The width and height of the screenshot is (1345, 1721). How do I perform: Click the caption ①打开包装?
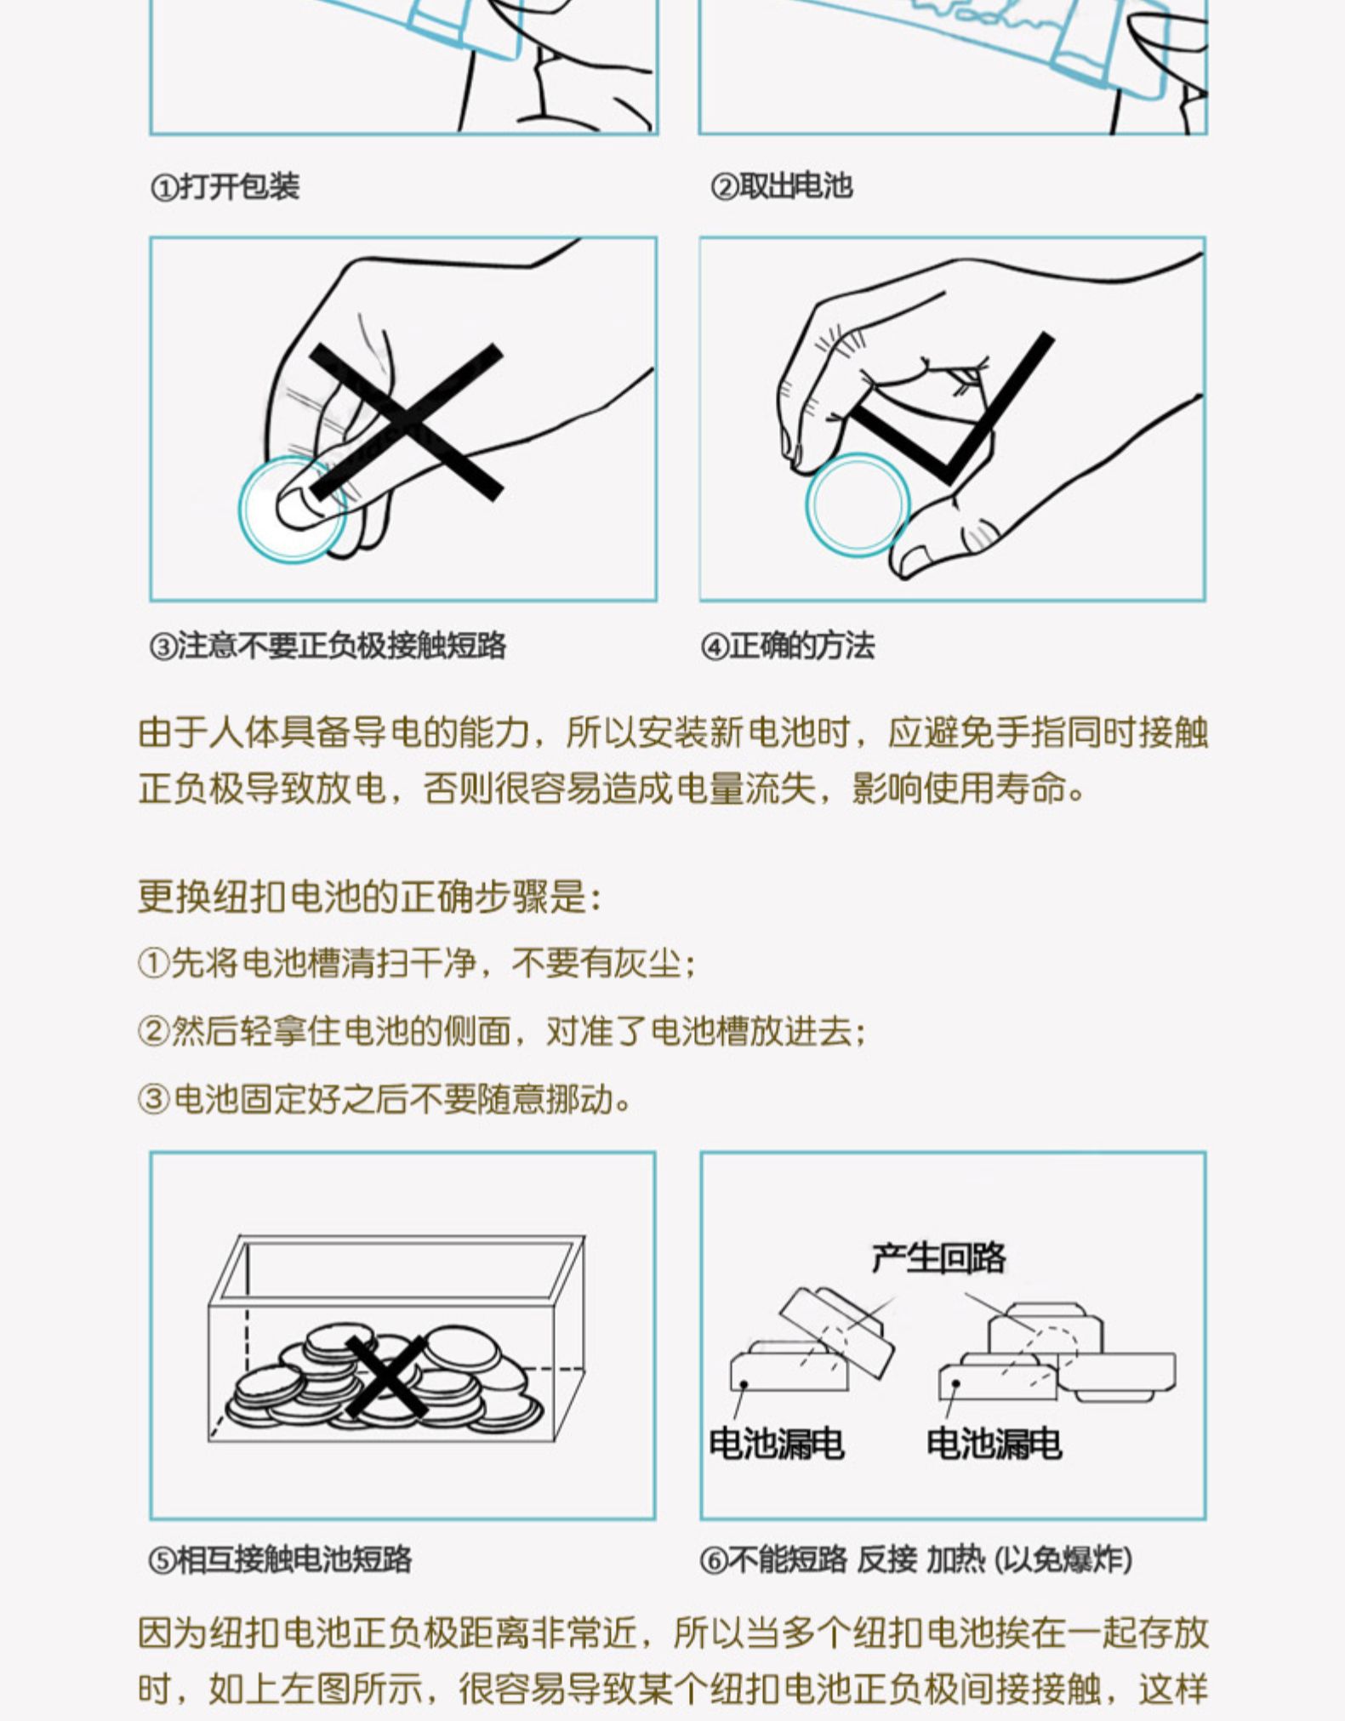coord(225,187)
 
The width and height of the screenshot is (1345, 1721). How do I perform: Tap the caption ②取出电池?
coord(781,187)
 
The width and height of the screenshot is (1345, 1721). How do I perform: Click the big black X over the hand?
coord(406,421)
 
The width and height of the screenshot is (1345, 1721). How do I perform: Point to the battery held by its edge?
coord(858,504)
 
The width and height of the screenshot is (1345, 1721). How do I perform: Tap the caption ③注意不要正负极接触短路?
coord(328,647)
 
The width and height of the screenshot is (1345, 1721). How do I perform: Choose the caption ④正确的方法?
coord(787,647)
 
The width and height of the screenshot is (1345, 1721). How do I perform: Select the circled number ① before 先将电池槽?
coord(152,965)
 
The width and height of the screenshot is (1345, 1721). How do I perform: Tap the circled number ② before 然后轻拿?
coord(152,1032)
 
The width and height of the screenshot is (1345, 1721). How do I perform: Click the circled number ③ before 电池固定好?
coord(153,1099)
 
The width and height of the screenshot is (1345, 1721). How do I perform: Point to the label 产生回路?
coord(938,1257)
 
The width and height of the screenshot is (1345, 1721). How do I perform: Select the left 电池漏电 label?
coord(776,1444)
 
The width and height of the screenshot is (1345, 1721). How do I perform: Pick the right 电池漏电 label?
coord(994,1444)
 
